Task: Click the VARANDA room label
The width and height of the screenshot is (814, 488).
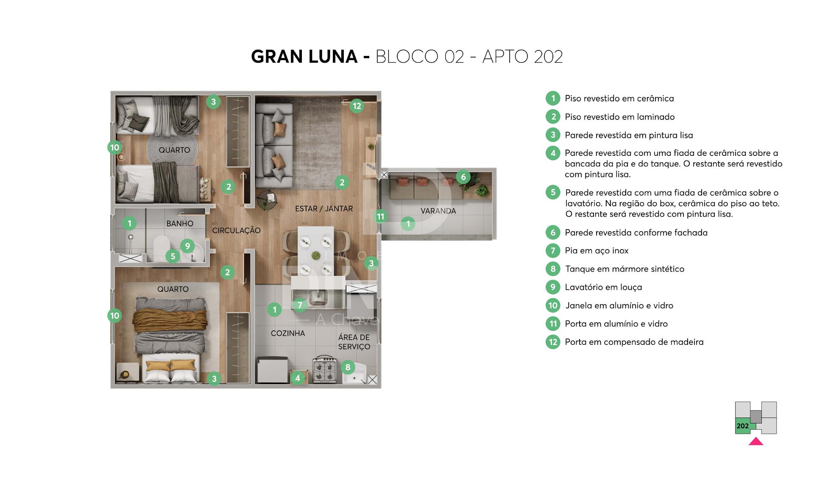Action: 438,211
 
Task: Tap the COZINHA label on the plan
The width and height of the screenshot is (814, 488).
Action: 288,333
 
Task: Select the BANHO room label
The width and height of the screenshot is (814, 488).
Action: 180,224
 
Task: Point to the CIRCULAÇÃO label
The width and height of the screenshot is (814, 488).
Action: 236,230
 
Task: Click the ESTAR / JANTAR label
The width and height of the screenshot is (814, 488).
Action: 324,209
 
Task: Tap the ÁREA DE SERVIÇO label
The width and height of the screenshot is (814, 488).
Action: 354,342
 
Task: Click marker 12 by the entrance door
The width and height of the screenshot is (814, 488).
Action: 357,106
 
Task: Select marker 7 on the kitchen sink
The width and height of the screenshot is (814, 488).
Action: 300,305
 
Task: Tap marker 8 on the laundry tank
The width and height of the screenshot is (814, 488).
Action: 348,367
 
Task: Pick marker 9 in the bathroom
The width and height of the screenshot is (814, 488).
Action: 187,246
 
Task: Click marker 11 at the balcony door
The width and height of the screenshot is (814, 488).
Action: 380,216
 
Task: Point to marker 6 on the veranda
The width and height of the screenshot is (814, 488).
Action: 463,177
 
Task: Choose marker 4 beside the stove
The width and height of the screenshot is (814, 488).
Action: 298,378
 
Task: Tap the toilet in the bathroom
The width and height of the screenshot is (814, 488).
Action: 162,248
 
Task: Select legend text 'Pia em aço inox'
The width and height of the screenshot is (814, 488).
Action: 597,250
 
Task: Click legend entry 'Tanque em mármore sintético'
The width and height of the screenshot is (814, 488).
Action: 624,269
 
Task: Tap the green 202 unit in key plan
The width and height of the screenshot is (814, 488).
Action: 743,426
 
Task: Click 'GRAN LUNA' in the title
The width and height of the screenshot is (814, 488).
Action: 304,56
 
